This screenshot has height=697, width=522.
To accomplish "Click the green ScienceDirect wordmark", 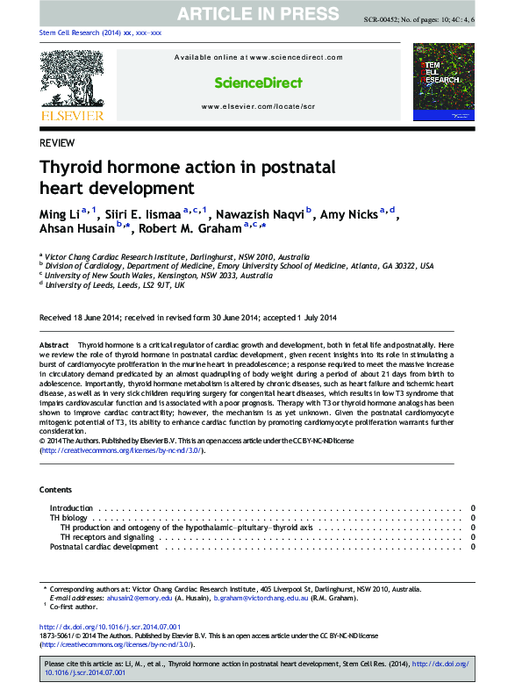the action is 258,83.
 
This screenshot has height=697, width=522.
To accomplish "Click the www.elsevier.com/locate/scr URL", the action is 258,106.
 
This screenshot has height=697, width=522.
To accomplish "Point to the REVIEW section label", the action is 57,143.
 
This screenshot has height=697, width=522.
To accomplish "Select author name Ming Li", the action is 59,215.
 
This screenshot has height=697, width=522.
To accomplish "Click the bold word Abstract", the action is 54,347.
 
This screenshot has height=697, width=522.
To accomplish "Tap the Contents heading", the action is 58,489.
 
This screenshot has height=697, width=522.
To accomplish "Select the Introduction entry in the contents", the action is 71,508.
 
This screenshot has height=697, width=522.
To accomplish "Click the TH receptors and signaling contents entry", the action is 107,537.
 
